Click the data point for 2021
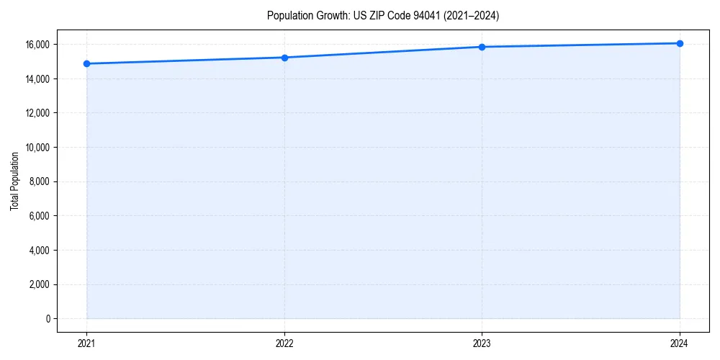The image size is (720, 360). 86,63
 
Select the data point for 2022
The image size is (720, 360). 284,58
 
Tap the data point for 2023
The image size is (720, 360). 482,47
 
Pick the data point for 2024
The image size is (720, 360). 680,43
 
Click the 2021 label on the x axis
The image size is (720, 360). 86,343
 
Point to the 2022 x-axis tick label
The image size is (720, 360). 284,343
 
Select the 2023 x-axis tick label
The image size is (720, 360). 482,343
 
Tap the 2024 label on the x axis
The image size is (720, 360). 680,343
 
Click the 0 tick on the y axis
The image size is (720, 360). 48,319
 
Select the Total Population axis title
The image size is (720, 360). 14,181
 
